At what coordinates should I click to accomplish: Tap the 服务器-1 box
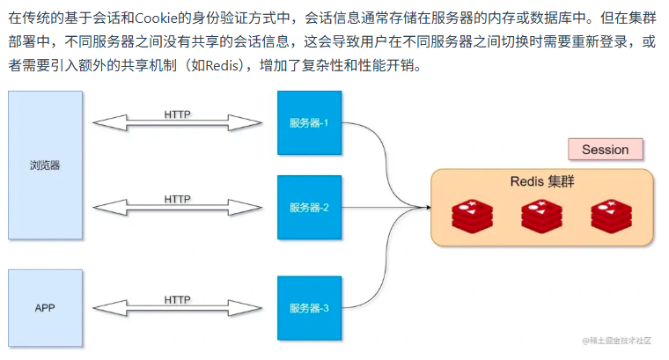pyautogui.click(x=309, y=123)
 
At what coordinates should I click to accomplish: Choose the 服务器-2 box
pyautogui.click(x=309, y=208)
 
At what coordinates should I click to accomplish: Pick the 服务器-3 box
pyautogui.click(x=309, y=308)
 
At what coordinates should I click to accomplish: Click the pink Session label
pyautogui.click(x=605, y=150)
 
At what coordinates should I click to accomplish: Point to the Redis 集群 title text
pyautogui.click(x=541, y=182)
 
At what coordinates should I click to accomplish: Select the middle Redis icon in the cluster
pyautogui.click(x=541, y=215)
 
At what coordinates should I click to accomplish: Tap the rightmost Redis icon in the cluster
pyautogui.click(x=611, y=215)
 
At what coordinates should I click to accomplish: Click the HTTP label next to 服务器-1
pyautogui.click(x=177, y=114)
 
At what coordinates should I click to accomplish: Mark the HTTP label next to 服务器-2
pyautogui.click(x=177, y=199)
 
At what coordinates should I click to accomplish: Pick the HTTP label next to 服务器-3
pyautogui.click(x=177, y=299)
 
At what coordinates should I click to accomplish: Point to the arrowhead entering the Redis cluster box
pyautogui.click(x=426, y=208)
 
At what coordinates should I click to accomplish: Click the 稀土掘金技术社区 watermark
pyautogui.click(x=617, y=341)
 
